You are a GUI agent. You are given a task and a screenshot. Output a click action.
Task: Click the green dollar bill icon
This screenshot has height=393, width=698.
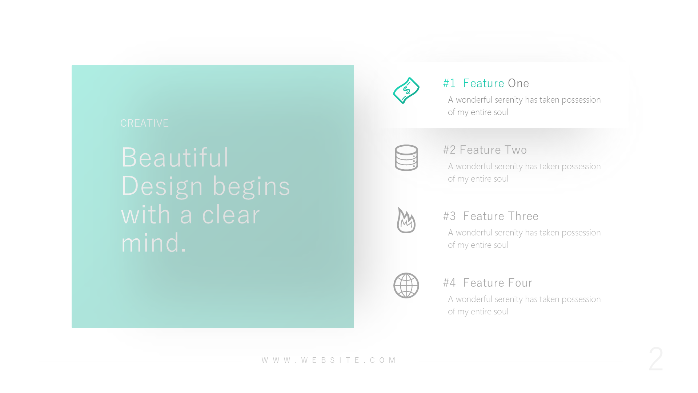406,90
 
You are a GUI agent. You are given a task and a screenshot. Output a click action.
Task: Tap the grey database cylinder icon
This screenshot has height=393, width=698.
406,158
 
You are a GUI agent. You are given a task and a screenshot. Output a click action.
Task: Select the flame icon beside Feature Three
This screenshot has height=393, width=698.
406,220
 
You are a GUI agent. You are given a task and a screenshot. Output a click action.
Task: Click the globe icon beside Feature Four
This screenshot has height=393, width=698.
406,286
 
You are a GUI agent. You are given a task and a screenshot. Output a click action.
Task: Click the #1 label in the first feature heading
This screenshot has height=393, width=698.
449,83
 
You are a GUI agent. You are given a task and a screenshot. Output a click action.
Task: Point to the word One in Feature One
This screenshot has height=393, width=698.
518,83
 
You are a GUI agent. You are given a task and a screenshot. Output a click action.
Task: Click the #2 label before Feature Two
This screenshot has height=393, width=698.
449,150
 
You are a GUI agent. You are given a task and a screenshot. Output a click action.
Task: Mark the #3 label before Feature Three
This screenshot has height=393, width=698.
449,216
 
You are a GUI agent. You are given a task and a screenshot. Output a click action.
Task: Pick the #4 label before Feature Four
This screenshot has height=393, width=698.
449,283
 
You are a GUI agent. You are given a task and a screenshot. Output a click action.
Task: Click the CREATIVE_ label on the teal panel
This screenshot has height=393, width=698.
147,123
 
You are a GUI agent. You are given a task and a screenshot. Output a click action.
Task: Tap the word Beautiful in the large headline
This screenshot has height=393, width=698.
175,157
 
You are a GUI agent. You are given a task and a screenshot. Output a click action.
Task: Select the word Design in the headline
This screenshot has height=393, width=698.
162,186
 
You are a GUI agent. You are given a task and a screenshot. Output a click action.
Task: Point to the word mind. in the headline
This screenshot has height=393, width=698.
154,243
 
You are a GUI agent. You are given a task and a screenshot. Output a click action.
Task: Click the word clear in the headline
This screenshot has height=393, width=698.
231,214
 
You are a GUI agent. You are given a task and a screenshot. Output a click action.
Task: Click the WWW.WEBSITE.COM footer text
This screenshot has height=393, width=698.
329,360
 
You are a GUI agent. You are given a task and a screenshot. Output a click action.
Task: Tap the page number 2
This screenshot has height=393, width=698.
656,359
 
